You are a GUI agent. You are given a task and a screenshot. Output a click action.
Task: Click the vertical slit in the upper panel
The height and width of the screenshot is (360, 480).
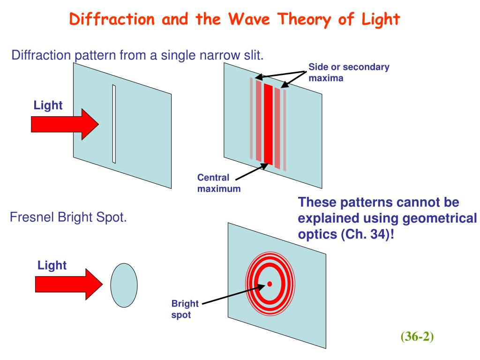pyautogui.click(x=114, y=124)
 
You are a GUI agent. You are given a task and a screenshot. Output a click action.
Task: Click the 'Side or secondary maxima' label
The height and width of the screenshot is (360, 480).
pyautogui.click(x=349, y=72)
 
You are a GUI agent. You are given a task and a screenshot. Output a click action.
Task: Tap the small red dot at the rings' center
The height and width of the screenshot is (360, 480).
pyautogui.click(x=270, y=284)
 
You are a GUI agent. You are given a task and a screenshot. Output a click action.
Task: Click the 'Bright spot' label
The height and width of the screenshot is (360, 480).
pyautogui.click(x=185, y=309)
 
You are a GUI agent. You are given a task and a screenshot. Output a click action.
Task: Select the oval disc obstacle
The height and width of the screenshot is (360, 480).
pyautogui.click(x=124, y=284)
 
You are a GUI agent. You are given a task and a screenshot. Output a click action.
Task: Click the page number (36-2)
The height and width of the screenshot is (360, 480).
pyautogui.click(x=417, y=337)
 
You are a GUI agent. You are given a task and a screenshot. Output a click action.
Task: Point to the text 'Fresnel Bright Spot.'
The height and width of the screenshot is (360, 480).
pyautogui.click(x=68, y=217)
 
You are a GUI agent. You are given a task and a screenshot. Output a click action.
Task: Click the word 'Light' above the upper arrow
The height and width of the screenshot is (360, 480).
pyautogui.click(x=48, y=105)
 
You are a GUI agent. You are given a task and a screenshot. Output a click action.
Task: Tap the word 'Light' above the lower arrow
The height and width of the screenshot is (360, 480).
pyautogui.click(x=52, y=266)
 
